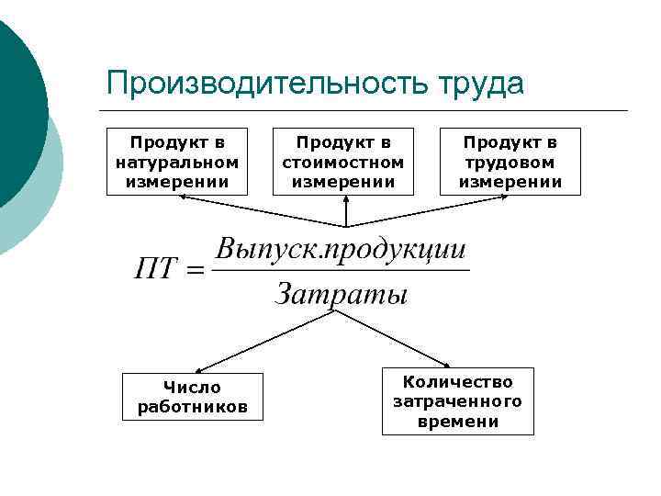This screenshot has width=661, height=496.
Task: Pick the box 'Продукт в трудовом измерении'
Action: point(510,162)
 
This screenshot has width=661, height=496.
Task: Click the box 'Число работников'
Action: point(192,397)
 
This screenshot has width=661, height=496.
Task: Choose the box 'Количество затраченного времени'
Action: point(457,401)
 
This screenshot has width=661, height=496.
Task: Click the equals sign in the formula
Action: point(194,272)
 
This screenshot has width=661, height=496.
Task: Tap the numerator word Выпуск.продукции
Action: point(341,250)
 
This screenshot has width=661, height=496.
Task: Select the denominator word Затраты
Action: point(341,295)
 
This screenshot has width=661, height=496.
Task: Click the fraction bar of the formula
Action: point(341,271)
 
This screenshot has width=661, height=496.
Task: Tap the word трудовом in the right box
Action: point(510,162)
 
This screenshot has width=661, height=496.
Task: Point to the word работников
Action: point(192,406)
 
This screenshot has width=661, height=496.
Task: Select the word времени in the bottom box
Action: point(457,422)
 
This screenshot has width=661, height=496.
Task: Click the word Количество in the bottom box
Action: point(457,381)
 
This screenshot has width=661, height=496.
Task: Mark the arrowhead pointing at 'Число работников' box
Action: point(203,368)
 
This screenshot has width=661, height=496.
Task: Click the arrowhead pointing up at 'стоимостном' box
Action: point(345,199)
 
